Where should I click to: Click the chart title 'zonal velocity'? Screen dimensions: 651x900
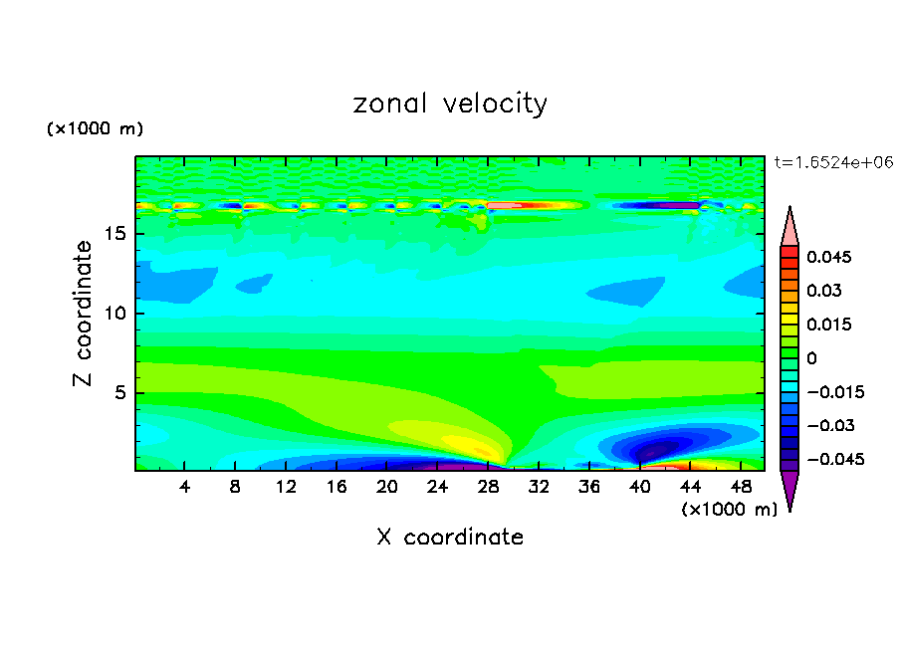(x=450, y=104)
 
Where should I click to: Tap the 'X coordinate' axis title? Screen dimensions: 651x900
(x=450, y=538)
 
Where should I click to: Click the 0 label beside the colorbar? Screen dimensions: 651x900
(x=811, y=358)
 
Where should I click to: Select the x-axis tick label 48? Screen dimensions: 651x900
(x=741, y=487)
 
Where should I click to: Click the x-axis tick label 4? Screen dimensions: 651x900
(x=185, y=487)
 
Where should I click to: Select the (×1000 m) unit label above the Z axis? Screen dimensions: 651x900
(x=96, y=129)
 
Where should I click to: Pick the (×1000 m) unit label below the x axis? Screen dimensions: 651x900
(x=729, y=509)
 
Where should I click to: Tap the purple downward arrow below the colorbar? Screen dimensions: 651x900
(x=789, y=490)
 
